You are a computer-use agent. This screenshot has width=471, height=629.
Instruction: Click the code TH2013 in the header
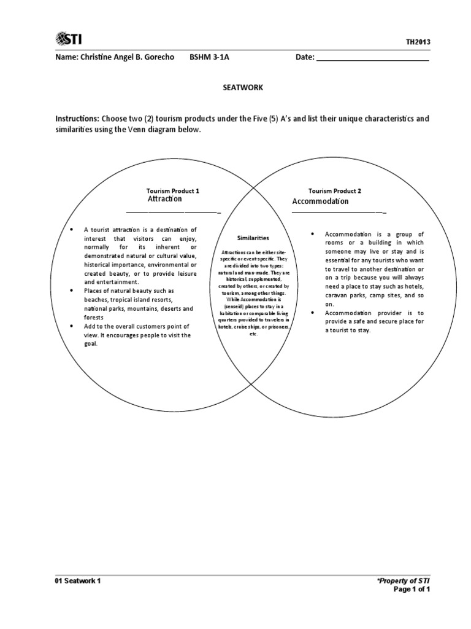(x=418, y=42)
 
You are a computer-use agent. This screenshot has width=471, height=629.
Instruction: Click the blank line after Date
(x=372, y=58)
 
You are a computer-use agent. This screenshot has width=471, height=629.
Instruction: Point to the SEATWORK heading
(x=242, y=88)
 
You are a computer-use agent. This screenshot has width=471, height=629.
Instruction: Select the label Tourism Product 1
(x=172, y=191)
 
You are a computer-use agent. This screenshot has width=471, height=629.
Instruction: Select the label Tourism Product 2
(x=334, y=191)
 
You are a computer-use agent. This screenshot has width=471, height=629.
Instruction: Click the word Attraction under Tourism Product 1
(x=164, y=200)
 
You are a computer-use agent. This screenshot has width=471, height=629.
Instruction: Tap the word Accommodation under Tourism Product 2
(x=320, y=201)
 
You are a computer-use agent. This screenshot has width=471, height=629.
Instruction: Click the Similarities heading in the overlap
(x=253, y=237)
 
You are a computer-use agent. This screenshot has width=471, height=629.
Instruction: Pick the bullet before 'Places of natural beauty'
(x=72, y=290)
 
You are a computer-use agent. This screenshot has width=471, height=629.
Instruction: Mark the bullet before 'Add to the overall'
(x=72, y=326)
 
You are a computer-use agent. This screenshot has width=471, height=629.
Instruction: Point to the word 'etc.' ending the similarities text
(x=253, y=334)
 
